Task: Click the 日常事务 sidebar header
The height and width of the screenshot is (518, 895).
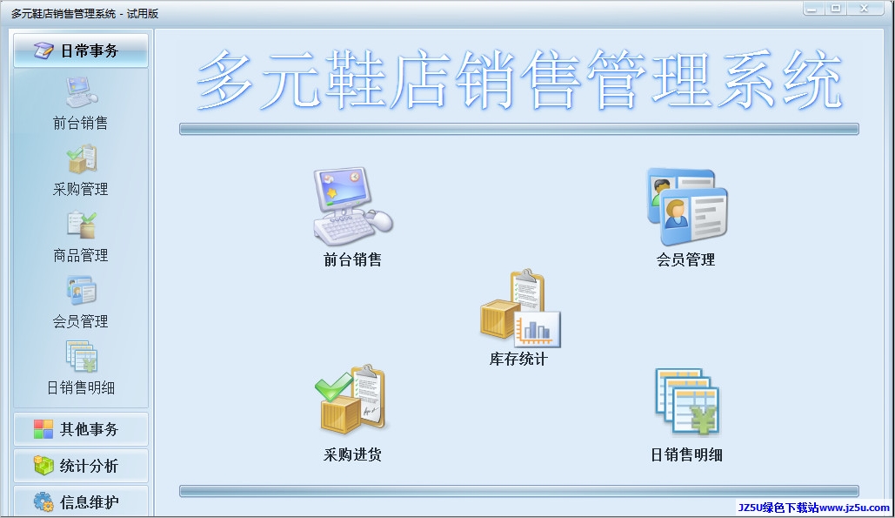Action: pos(81,50)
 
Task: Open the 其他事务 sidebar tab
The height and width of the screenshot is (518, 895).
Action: pos(81,429)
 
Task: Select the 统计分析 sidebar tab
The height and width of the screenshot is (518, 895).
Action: pos(81,466)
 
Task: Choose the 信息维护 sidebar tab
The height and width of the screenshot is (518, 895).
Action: pos(81,501)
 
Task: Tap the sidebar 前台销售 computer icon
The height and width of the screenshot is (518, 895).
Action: pos(81,92)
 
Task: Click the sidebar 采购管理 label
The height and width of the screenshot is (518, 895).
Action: pos(81,189)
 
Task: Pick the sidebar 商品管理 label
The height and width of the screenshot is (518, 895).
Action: pos(81,255)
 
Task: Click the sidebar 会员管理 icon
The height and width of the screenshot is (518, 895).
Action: pos(81,291)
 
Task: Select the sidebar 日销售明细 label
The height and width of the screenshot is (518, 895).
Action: pos(81,387)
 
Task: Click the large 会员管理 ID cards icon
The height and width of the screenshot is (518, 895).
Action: pos(686,206)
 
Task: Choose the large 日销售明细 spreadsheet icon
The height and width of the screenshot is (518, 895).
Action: pos(687,402)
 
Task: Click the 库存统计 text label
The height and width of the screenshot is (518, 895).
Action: pos(518,360)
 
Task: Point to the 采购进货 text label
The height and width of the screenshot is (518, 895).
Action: pos(352,454)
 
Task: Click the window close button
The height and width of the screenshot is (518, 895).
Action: pos(865,9)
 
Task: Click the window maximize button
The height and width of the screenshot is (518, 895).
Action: pos(836,9)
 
